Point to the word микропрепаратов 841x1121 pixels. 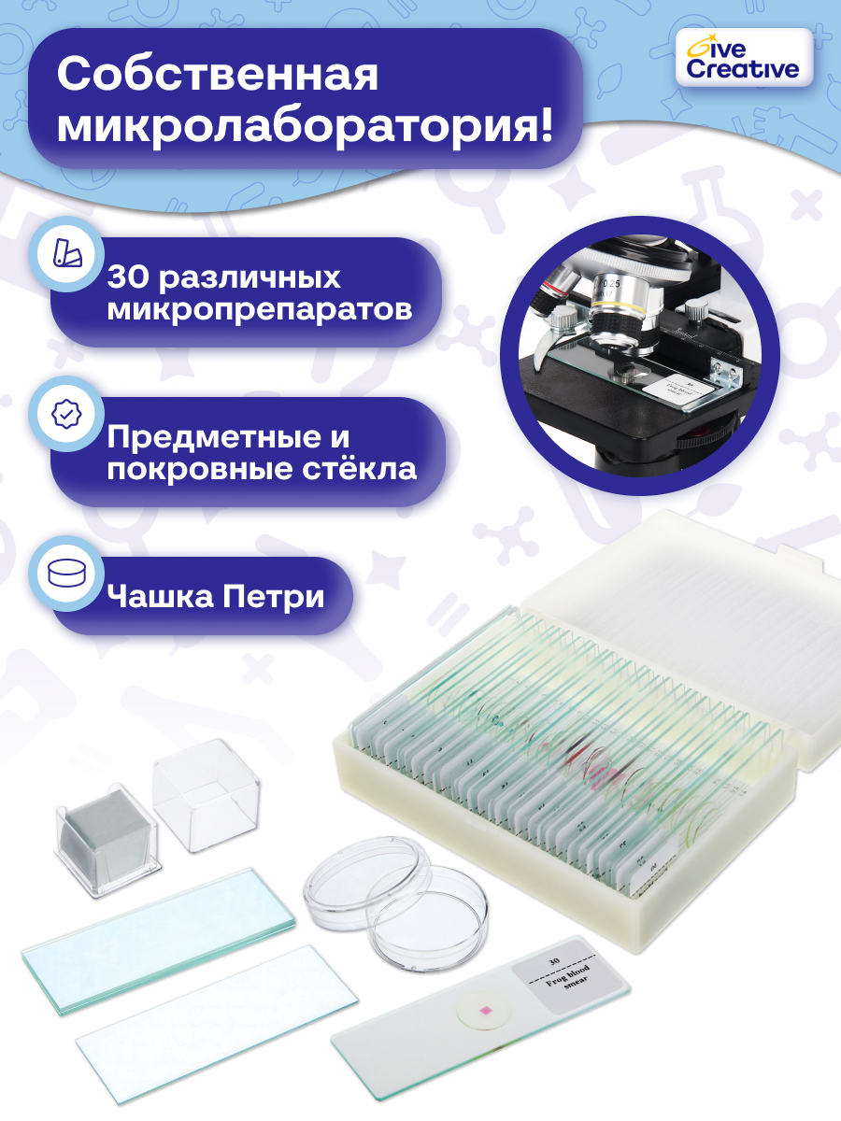tap(259, 309)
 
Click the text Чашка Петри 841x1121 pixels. tap(216, 595)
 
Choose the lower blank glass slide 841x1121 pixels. tap(215, 1015)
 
